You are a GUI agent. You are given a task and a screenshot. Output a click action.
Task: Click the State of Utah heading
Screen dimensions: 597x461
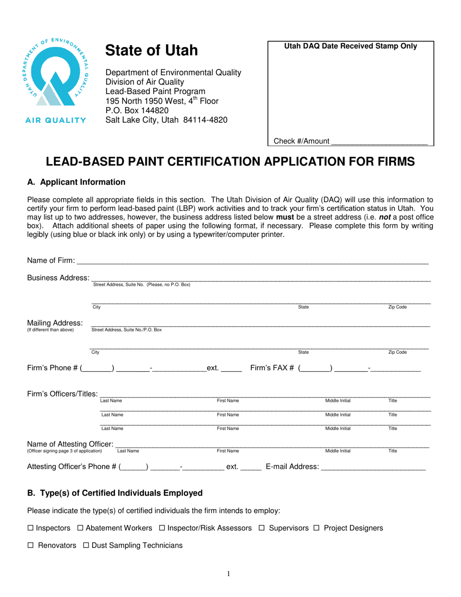coord(152,50)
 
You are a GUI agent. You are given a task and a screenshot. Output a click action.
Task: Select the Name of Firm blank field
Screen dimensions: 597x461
coord(252,262)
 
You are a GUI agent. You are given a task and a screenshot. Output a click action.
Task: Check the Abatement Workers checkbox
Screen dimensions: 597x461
coord(81,528)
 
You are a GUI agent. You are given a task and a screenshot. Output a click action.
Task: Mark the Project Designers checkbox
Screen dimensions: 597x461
coord(316,528)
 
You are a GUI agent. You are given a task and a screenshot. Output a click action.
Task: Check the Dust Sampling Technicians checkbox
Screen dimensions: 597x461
coord(86,546)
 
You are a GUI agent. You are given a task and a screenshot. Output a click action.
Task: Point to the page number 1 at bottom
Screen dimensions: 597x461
coord(229,574)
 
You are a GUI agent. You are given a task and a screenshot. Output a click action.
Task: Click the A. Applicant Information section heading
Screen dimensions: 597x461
coord(76,182)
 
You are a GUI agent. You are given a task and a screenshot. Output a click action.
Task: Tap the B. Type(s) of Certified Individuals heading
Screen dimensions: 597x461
coord(115,493)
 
